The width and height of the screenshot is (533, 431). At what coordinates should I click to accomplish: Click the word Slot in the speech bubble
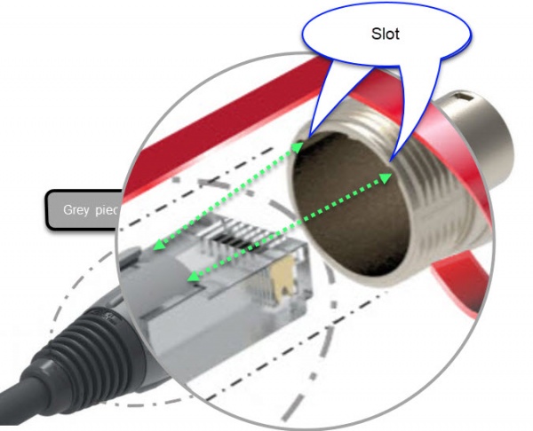(x=386, y=35)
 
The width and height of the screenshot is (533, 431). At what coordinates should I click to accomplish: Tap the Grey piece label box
(x=83, y=210)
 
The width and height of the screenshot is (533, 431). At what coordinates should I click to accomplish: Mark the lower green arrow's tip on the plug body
(x=189, y=281)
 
